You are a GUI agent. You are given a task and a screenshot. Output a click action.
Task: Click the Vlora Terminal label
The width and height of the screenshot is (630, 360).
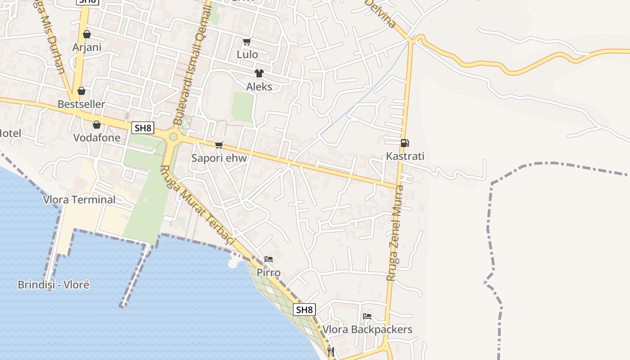pos(79,199)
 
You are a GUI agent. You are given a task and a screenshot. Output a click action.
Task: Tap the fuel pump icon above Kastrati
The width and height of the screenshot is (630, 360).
pos(405,143)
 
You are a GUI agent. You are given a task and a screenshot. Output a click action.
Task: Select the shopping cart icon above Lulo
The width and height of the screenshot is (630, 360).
pos(247,42)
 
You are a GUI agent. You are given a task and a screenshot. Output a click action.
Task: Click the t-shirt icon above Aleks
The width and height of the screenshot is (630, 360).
pos(259,73)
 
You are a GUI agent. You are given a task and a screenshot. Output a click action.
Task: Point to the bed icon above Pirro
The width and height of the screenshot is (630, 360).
pos(269,259)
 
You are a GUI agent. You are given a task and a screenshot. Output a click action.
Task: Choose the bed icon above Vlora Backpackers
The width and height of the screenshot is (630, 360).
pos(367,316)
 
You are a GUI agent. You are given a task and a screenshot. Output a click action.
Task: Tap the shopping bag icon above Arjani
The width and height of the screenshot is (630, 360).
pos(87,34)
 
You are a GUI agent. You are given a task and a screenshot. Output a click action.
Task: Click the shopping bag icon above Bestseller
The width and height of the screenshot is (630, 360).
pos(81,91)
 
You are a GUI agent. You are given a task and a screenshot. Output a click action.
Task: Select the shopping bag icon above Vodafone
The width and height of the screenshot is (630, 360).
pos(97,125)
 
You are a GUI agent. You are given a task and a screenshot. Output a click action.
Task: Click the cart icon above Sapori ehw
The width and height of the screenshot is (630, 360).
pos(219,145)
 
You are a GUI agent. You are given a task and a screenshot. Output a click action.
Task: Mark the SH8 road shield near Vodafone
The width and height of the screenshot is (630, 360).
pos(143,128)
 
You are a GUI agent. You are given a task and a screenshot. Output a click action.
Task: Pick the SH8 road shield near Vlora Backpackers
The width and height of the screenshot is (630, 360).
pos(304,310)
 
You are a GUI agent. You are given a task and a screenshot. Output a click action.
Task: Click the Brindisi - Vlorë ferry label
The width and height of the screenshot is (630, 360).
pos(54,285)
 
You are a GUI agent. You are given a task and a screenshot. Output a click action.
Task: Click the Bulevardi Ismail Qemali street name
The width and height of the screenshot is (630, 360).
pos(191,63)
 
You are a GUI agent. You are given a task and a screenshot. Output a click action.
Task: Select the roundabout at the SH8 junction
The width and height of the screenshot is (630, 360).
pos(173,136)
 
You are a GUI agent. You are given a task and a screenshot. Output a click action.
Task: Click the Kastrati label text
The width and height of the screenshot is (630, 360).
pos(405,157)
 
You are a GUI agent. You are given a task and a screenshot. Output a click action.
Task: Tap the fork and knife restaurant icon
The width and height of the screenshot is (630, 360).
pos(331,351)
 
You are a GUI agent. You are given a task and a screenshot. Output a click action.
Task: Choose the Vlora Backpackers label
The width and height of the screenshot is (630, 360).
pos(367,329)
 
